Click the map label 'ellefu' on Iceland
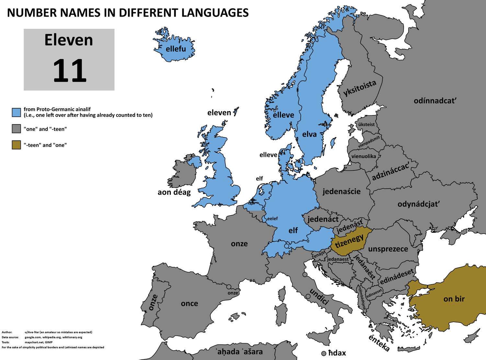176,49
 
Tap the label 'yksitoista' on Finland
360,88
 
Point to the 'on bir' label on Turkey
454,299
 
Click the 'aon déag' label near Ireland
174,192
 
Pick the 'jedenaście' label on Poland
341,191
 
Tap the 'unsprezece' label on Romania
388,249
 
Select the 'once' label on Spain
189,303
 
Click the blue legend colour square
17,112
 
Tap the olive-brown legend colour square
17,145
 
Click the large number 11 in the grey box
69,71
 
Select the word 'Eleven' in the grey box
69,41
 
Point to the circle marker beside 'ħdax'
323,353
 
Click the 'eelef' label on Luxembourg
272,218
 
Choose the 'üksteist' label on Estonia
366,124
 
